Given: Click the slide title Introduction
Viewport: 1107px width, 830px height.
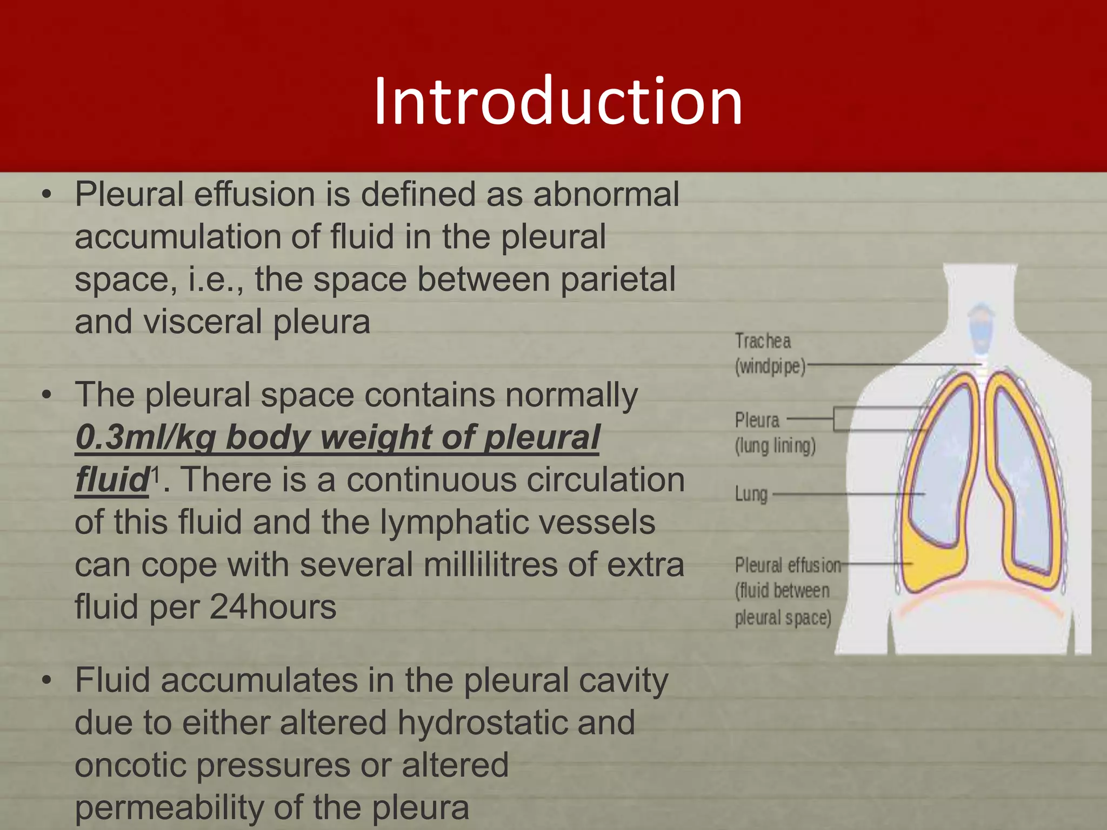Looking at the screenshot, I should click(558, 102).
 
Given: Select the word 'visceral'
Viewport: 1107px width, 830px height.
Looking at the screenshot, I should click(202, 322).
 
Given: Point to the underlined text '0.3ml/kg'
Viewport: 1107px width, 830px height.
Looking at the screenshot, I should click(145, 437).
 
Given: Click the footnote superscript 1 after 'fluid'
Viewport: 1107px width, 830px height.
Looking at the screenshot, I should click(156, 475).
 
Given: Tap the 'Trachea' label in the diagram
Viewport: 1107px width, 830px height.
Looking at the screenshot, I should click(763, 342).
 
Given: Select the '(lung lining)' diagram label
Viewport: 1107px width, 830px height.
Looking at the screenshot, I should click(775, 446).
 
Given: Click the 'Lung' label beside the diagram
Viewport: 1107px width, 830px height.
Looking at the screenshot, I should click(751, 494).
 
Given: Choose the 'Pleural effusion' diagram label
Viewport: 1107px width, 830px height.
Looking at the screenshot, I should click(788, 566).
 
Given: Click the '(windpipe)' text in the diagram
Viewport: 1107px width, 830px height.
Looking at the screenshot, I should click(770, 367).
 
